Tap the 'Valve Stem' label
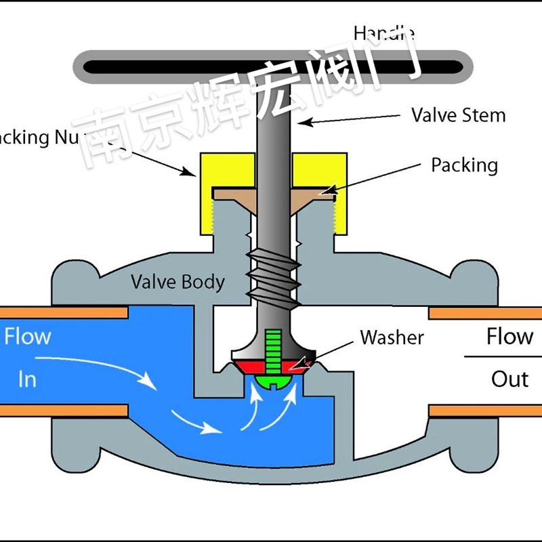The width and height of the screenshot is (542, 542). (x=459, y=115)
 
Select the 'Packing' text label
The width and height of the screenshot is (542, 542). (x=464, y=165)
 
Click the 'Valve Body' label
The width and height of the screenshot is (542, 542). (x=178, y=282)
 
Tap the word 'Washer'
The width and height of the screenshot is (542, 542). (x=392, y=337)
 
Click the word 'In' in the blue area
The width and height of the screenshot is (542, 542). (x=27, y=379)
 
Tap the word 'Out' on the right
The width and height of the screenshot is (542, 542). (x=509, y=379)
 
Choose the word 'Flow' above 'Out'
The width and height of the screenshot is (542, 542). (x=509, y=337)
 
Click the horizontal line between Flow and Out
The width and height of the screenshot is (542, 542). (x=501, y=357)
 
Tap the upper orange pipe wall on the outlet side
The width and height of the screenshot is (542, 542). (x=485, y=312)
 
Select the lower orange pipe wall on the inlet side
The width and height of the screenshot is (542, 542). (x=64, y=411)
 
